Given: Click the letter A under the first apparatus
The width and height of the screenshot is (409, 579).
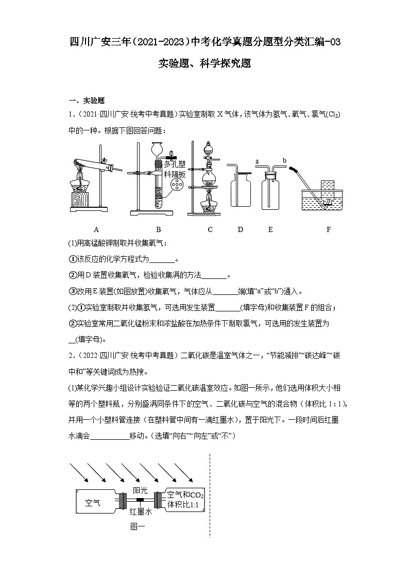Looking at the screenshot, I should click(x=96, y=229).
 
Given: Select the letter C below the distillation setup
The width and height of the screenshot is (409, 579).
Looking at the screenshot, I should click(x=210, y=229).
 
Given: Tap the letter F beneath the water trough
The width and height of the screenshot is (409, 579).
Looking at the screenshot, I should click(x=329, y=229).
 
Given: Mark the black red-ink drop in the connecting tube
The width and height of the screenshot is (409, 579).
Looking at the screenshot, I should click(x=140, y=501).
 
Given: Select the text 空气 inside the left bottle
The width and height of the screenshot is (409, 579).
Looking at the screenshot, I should click(x=93, y=502).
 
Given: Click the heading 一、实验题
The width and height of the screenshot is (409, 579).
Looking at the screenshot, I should click(x=87, y=101).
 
